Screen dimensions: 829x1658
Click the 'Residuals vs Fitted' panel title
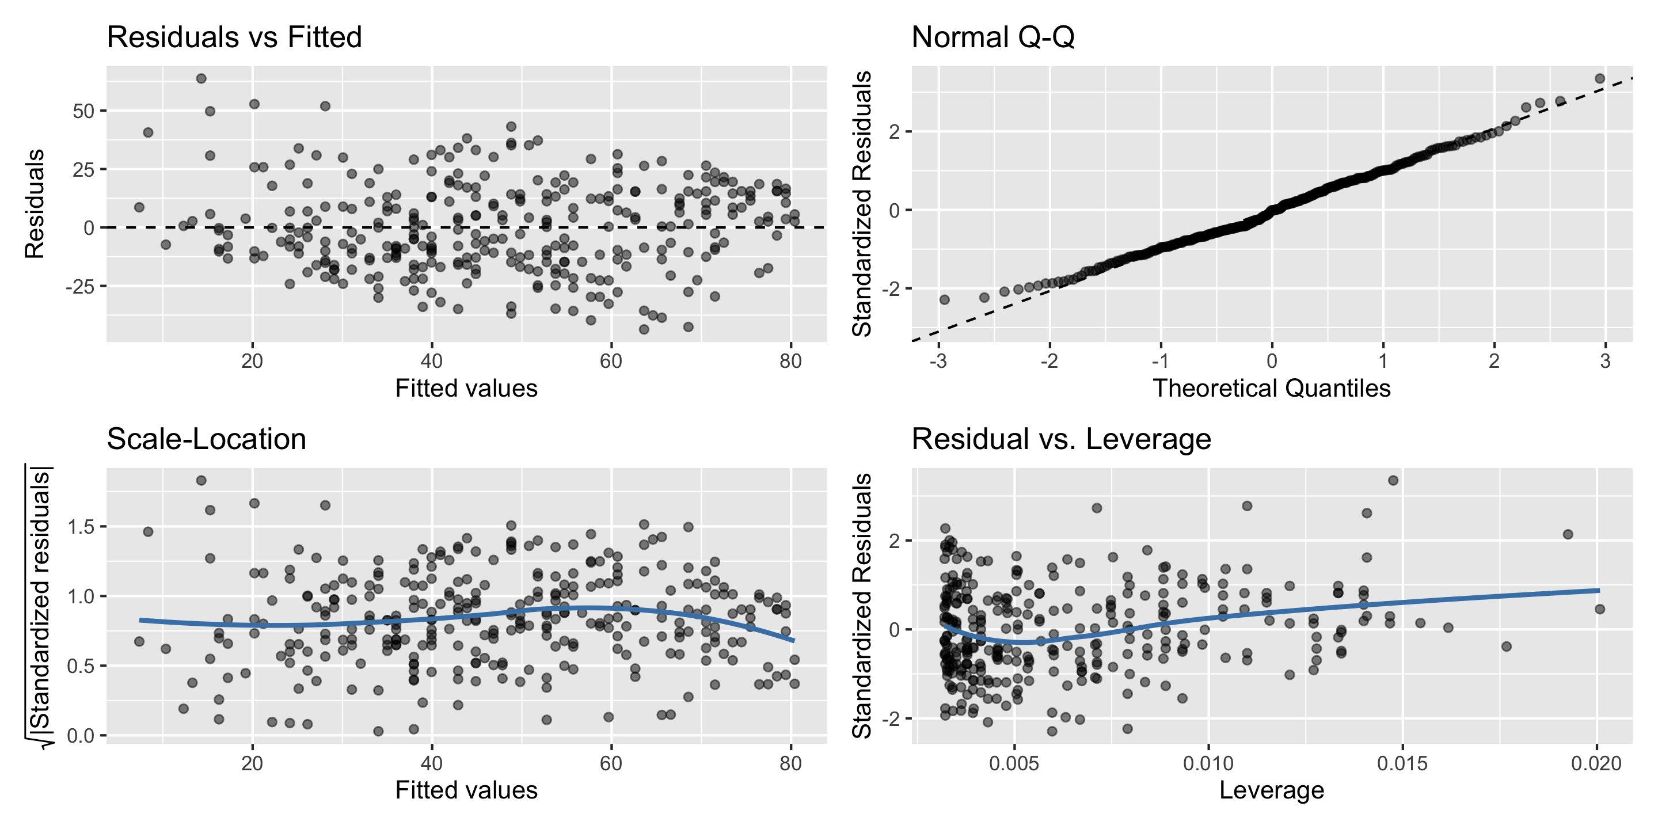point(234,37)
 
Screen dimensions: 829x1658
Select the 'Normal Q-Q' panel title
point(992,37)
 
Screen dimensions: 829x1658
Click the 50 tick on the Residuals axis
point(83,111)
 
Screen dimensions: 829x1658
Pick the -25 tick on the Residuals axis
point(80,287)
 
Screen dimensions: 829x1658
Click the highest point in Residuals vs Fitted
point(201,78)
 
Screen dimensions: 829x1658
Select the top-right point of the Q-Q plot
point(1599,78)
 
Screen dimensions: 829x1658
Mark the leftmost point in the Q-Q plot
point(944,299)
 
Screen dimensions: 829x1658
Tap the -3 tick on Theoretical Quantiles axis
point(938,362)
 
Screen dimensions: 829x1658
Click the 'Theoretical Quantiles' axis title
point(1271,389)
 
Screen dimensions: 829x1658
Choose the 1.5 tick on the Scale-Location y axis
point(81,527)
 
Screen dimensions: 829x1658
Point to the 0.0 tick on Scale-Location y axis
point(81,736)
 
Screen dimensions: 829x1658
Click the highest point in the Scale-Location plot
point(201,480)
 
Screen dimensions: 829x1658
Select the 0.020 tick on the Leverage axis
point(1596,764)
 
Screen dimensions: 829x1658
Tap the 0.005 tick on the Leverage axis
point(1014,764)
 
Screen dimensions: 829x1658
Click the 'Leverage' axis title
point(1271,790)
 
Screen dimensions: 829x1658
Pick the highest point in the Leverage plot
point(1393,480)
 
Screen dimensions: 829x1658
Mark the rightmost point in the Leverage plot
point(1599,609)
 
